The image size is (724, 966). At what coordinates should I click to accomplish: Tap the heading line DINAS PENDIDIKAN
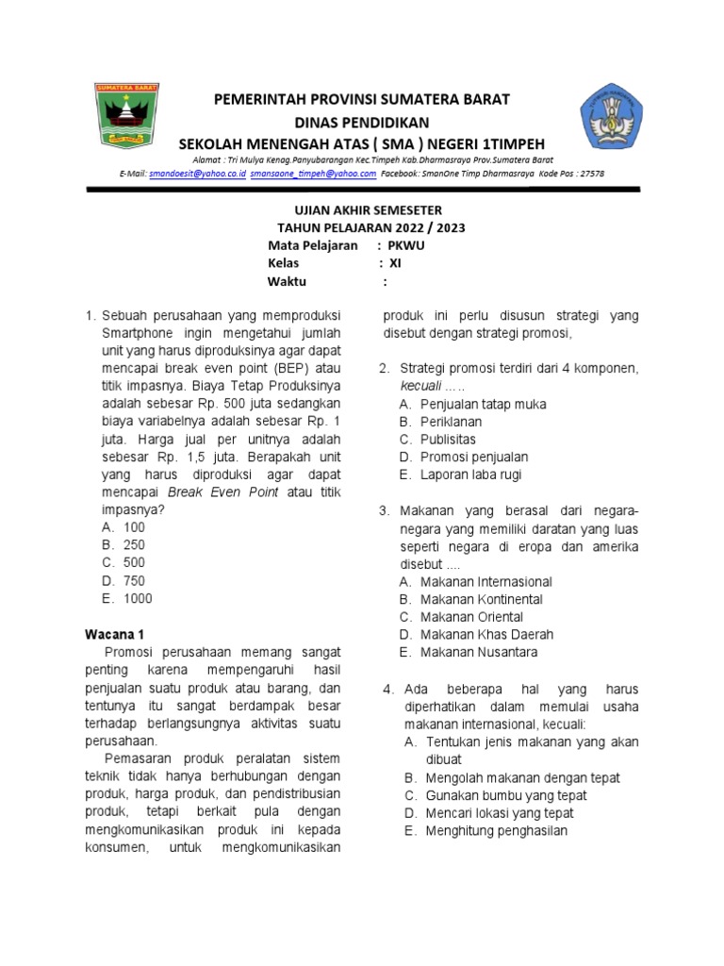click(x=362, y=123)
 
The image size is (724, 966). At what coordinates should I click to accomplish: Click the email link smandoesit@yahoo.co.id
click(x=197, y=175)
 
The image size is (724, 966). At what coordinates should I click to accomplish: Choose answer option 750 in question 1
click(x=134, y=581)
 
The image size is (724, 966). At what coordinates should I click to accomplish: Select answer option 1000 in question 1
click(x=137, y=598)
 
